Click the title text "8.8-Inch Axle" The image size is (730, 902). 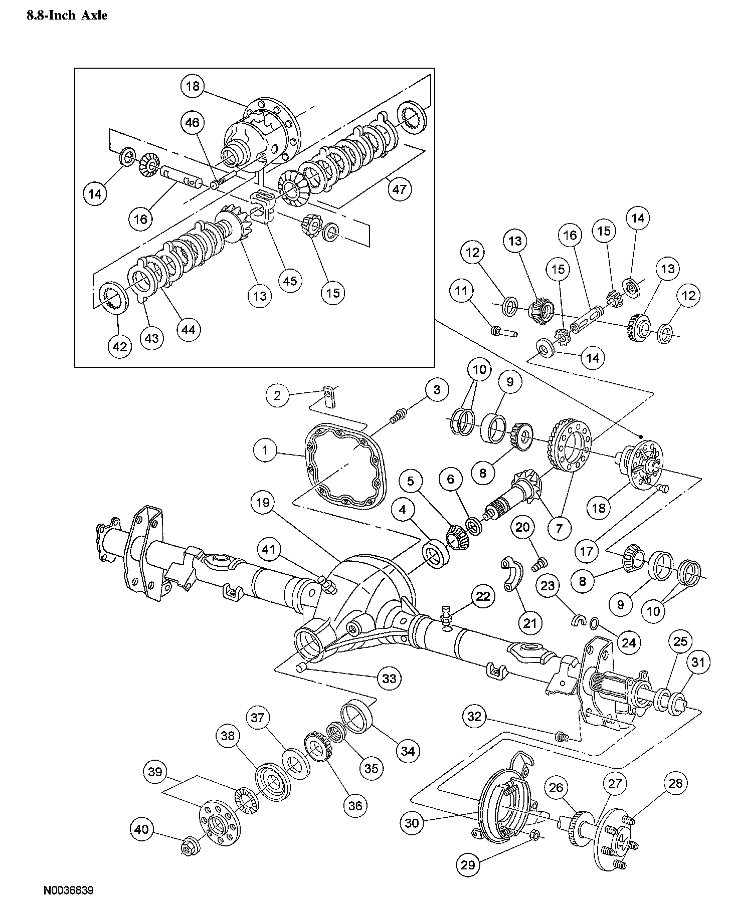click(66, 16)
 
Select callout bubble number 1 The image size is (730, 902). click(265, 450)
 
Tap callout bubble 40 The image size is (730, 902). click(142, 830)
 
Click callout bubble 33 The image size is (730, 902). click(389, 679)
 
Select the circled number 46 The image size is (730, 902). click(194, 123)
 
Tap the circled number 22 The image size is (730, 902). click(483, 596)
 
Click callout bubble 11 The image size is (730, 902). click(461, 291)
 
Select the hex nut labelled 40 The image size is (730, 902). click(191, 845)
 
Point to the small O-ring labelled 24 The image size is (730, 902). click(594, 623)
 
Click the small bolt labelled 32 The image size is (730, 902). click(562, 737)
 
